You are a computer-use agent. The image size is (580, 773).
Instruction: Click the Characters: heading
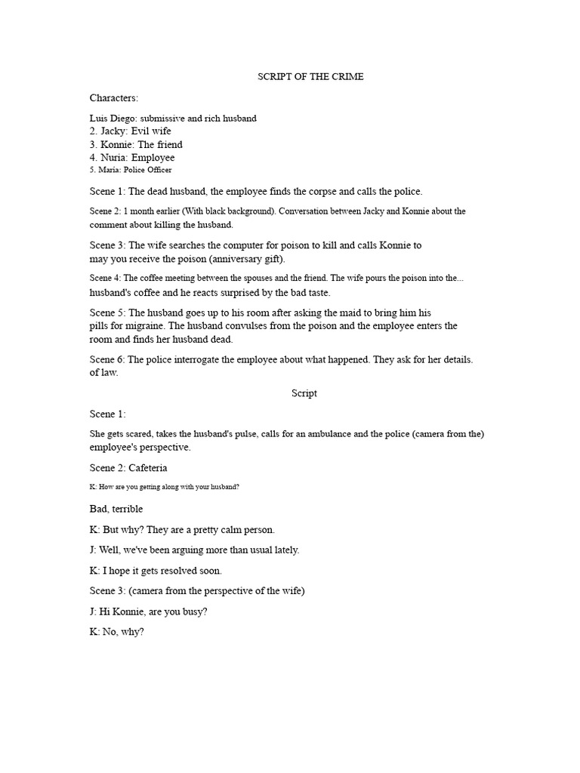coord(114,98)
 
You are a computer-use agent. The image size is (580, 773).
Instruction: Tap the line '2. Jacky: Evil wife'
coord(131,131)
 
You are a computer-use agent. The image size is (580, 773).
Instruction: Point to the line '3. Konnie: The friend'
coord(136,144)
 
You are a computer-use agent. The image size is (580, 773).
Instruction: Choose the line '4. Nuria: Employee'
coord(132,158)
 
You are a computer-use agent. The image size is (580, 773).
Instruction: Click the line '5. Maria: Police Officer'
coord(131,170)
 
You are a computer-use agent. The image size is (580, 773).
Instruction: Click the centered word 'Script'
coord(304,393)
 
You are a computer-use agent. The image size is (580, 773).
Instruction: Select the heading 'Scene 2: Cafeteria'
coord(128,468)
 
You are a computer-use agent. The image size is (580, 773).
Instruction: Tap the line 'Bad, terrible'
coord(116,510)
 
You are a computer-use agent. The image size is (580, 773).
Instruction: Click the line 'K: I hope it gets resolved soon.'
coord(156,571)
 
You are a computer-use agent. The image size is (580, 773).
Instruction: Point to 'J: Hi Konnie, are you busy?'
coord(148,611)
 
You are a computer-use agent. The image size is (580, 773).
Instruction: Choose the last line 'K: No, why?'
coord(116,632)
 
